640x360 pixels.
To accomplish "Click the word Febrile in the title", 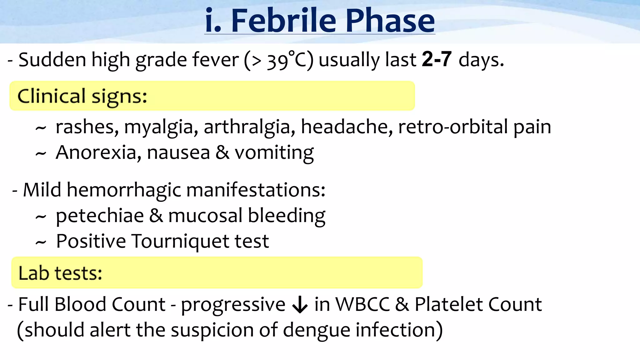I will pyautogui.click(x=283, y=21).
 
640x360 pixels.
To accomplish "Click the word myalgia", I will pyautogui.click(x=161, y=127).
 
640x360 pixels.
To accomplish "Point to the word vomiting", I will pyautogui.click(x=274, y=153).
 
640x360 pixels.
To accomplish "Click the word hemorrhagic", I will pyautogui.click(x=124, y=190).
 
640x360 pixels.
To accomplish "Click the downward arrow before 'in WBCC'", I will pyautogui.click(x=300, y=304).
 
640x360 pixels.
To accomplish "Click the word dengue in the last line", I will pyautogui.click(x=316, y=331).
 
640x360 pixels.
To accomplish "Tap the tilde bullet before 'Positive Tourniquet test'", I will pyautogui.click(x=41, y=242).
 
